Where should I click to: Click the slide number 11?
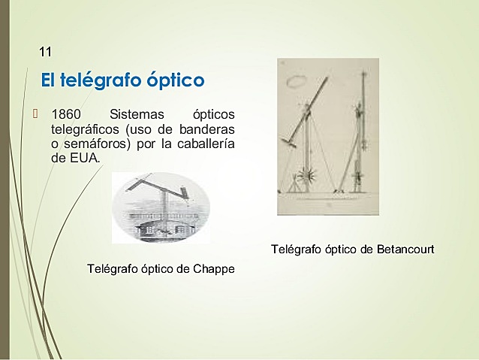pyautogui.click(x=45, y=52)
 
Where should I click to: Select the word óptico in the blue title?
pyautogui.click(x=177, y=80)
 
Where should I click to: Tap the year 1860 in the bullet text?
pyautogui.click(x=65, y=115)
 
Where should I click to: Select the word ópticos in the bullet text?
pyautogui.click(x=213, y=115)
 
